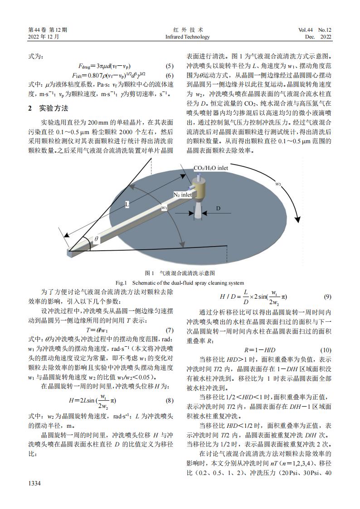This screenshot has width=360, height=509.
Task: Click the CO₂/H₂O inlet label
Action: pyautogui.click(x=210, y=168)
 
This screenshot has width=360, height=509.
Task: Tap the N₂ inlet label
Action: pyautogui.click(x=183, y=194)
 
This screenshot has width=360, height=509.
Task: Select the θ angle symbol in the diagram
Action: pyautogui.click(x=96, y=238)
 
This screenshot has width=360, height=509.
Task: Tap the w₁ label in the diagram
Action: pyautogui.click(x=164, y=207)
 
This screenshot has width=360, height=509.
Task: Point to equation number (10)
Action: pyautogui.click(x=326, y=350)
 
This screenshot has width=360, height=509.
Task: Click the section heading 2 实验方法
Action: pyautogui.click(x=48, y=109)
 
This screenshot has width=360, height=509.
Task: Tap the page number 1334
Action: pyautogui.click(x=34, y=484)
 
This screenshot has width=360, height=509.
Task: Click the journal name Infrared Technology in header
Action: pyautogui.click(x=187, y=37)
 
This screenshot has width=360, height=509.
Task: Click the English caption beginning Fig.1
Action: pyautogui.click(x=180, y=282)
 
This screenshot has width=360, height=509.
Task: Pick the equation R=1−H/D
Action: pyautogui.click(x=259, y=350)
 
